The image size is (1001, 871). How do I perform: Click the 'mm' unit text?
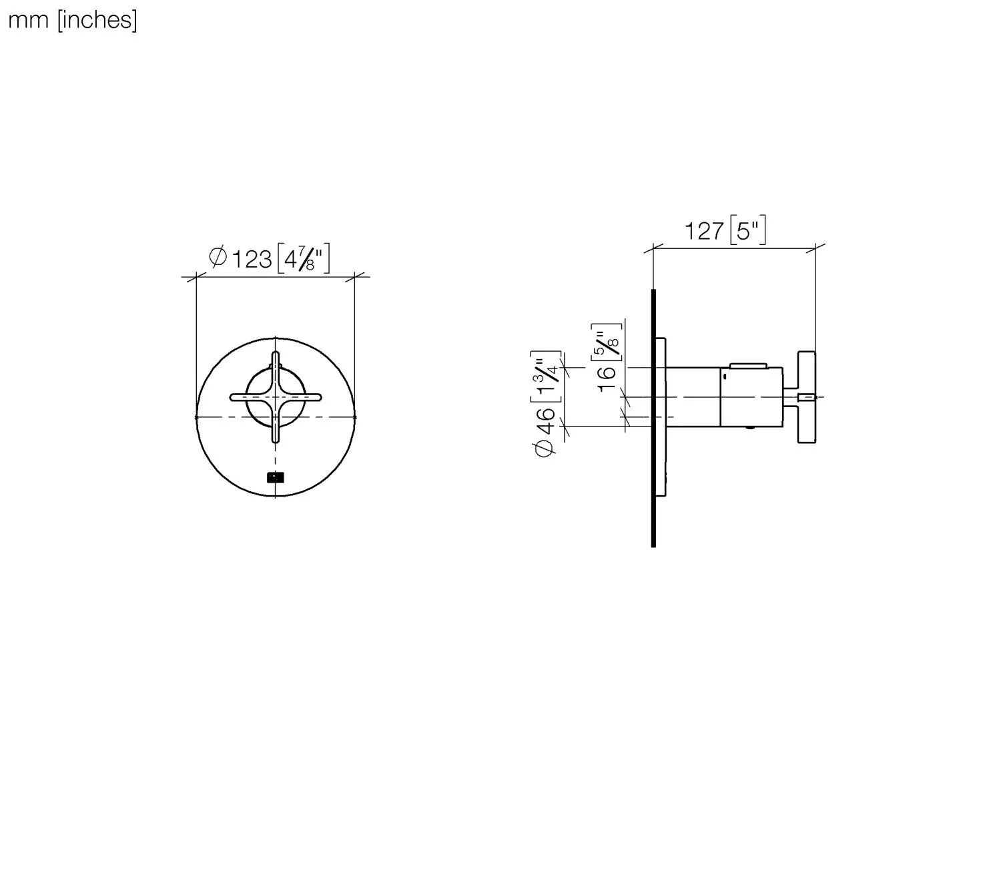pyautogui.click(x=28, y=21)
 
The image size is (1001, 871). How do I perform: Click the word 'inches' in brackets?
pyautogui.click(x=96, y=21)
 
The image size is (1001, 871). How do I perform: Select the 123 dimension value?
pyautogui.click(x=252, y=258)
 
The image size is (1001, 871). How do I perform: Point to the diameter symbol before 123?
pyautogui.click(x=218, y=257)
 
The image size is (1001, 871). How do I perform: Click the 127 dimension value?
pyautogui.click(x=704, y=232)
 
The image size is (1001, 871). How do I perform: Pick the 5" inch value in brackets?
pyautogui.click(x=747, y=232)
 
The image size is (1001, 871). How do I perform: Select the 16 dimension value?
pyautogui.click(x=607, y=379)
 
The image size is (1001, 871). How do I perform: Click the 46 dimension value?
pyautogui.click(x=546, y=420)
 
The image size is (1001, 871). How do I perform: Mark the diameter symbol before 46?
pyautogui.click(x=545, y=450)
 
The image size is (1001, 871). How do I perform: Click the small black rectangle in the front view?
pyautogui.click(x=275, y=477)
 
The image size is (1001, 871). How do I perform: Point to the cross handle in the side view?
pyautogui.click(x=807, y=397)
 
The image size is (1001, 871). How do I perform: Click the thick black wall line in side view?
pyautogui.click(x=653, y=418)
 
